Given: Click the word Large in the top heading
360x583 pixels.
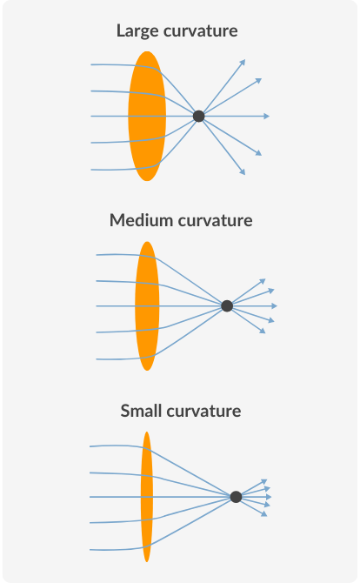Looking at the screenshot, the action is click(138, 31).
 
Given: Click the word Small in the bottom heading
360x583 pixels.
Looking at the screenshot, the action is click(141, 411).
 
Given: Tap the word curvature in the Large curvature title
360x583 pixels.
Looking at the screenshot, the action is click(201, 31).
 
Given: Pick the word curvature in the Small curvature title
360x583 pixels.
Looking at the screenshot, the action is click(203, 412).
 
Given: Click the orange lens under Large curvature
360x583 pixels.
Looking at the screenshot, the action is click(147, 116).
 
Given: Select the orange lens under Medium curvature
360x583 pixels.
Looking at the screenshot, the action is click(147, 306).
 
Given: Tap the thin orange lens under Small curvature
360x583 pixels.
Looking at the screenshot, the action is click(147, 497).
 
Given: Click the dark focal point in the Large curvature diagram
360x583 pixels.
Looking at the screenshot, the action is click(199, 116).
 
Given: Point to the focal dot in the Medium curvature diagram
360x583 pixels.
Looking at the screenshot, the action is click(227, 306).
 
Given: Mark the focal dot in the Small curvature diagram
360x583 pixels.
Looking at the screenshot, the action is click(236, 497).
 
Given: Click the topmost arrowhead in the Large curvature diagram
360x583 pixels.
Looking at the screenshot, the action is click(243, 62).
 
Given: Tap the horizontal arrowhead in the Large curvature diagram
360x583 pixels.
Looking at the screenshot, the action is click(267, 116).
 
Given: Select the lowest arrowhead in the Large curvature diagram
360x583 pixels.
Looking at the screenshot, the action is click(243, 171).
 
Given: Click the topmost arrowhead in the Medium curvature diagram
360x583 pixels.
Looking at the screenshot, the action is click(263, 281).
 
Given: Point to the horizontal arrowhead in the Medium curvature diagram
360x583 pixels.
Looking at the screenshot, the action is click(275, 306).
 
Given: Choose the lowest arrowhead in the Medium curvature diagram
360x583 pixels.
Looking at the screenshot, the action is click(263, 331).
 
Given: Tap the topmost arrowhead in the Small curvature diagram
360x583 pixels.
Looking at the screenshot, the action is click(264, 482).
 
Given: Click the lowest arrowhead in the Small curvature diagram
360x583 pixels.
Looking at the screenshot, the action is click(264, 514).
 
